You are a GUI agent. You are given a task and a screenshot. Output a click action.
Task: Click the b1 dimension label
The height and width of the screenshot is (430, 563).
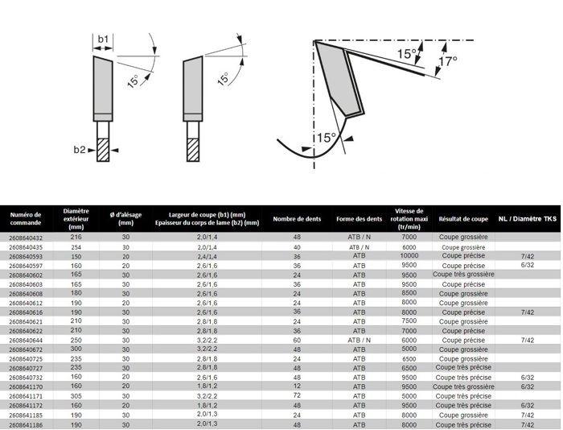click(x=103, y=39)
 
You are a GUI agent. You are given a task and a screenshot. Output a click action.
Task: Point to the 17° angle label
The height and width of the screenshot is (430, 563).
click(x=447, y=61)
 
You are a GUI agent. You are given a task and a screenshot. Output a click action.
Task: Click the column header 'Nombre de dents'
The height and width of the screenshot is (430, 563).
click(x=295, y=218)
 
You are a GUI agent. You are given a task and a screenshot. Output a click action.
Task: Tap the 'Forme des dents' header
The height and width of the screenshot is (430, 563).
click(x=359, y=218)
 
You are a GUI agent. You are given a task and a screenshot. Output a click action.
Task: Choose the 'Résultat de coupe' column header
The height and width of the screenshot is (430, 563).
click(x=463, y=218)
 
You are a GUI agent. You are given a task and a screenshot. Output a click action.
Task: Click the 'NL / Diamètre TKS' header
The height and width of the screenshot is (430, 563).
click(x=527, y=218)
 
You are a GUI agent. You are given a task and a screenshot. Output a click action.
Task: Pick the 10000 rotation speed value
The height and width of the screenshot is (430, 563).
click(x=409, y=256)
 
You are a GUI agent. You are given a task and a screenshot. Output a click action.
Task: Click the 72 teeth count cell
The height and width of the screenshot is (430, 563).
click(x=297, y=395)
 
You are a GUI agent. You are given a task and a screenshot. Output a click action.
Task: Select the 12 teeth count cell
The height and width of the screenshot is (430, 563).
click(x=297, y=387)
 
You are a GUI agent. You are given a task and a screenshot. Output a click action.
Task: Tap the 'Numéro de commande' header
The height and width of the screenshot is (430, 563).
click(x=26, y=218)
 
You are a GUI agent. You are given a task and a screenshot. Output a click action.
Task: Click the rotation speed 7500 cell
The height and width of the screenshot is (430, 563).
click(x=409, y=321)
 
